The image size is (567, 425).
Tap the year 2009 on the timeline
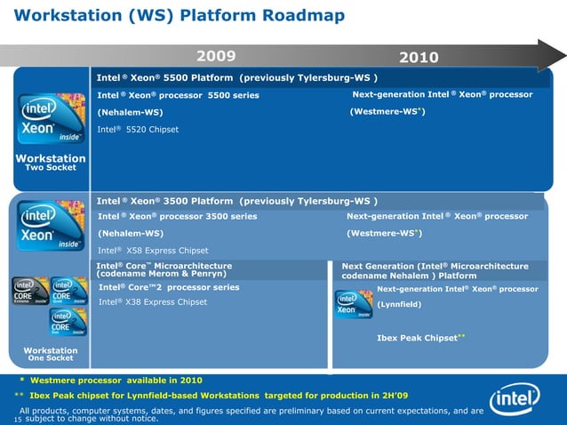(216, 56)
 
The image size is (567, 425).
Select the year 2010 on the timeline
(419, 57)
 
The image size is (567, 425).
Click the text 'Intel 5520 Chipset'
(138, 130)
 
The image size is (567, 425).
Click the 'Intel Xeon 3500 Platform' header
(237, 200)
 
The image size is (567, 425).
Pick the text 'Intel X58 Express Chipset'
(153, 250)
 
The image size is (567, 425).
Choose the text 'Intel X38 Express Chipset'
(153, 302)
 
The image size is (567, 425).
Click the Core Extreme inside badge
(26, 291)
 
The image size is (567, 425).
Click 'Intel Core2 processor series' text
(169, 287)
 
